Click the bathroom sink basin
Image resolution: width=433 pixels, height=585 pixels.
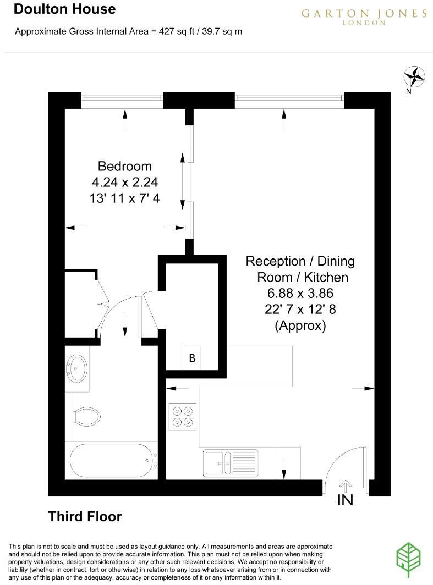[76, 367]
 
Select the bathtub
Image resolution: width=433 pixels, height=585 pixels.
[112, 461]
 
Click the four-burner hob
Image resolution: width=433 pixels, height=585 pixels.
[182, 416]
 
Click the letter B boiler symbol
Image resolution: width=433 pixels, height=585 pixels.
[192, 358]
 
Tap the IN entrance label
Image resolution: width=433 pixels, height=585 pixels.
[345, 500]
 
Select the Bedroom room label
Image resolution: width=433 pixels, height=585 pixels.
[124, 166]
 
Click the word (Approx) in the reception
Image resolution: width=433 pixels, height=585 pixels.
[300, 325]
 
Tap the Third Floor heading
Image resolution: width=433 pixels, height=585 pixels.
[85, 516]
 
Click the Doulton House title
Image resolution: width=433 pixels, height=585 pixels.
[65, 9]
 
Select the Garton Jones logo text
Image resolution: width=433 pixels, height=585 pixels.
[364, 15]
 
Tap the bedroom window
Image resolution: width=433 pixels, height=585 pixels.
[122, 97]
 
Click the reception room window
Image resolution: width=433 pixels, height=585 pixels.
[289, 97]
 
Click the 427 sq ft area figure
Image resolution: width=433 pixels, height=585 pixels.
[171, 31]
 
